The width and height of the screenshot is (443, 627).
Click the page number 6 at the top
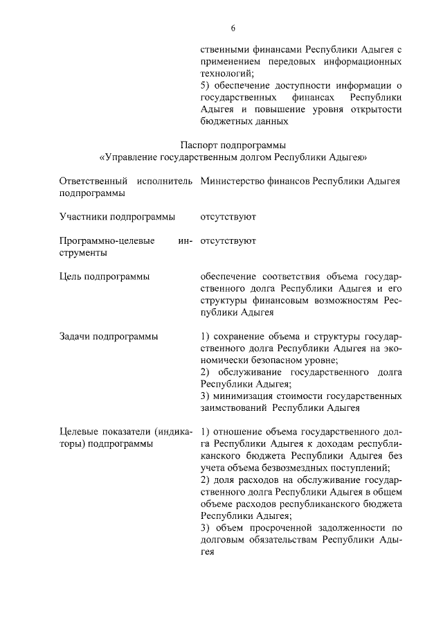point(233,28)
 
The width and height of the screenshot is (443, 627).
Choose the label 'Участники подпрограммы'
point(117,217)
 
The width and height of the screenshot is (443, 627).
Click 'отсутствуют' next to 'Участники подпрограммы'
point(228,217)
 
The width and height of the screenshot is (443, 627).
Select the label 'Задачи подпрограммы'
point(109,337)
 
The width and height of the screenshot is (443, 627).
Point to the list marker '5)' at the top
point(204,85)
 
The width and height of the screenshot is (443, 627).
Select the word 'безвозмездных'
point(298,468)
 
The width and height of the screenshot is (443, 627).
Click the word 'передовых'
point(296,61)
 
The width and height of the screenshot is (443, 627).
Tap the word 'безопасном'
point(281,360)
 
